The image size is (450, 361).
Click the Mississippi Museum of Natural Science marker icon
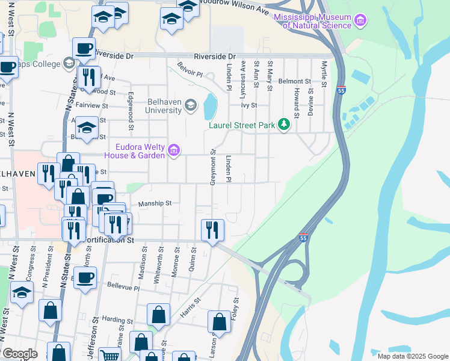coord(360,22)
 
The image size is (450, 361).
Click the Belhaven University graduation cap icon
coord(191,106)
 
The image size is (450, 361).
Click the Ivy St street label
coord(249,105)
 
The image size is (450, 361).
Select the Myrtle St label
coord(325,73)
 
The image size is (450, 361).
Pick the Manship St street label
coord(155,203)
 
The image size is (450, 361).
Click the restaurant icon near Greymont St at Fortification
coord(212,229)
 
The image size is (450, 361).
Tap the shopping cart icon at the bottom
coord(110,356)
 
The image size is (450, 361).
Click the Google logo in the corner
coord(19,354)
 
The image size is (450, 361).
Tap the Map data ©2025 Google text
coord(413,356)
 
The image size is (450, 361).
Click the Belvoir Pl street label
coord(190,72)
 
